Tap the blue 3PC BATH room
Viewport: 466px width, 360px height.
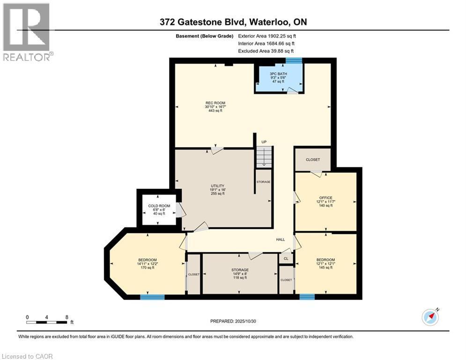[x=279, y=77]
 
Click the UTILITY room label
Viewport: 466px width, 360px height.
[x=218, y=189]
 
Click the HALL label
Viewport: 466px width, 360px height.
[x=280, y=240]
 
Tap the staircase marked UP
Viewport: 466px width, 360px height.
[x=264, y=155]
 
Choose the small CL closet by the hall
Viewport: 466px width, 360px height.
[x=286, y=259]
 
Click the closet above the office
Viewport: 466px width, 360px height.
[x=313, y=160]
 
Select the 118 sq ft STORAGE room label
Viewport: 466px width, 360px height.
[x=240, y=274]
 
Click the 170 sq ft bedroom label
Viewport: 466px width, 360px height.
[x=147, y=264]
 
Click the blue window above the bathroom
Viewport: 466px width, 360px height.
[x=294, y=60]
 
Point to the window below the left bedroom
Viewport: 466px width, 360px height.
[x=152, y=297]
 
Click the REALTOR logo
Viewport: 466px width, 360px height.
[x=27, y=32]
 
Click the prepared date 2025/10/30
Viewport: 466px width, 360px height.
[x=233, y=321]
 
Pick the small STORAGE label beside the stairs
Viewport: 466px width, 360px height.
[x=263, y=182]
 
